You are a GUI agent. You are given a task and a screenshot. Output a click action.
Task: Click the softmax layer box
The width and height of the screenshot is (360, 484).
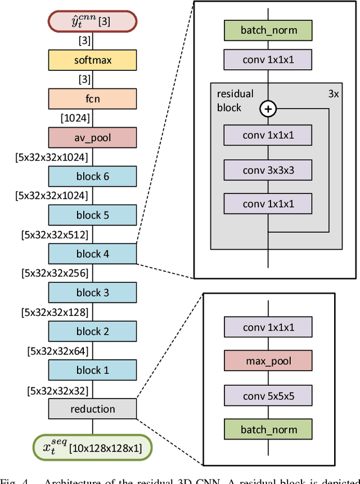point(92,60)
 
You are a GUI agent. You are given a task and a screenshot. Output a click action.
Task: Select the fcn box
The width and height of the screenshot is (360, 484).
point(92,98)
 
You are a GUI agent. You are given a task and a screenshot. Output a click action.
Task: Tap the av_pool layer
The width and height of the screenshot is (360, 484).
point(92,137)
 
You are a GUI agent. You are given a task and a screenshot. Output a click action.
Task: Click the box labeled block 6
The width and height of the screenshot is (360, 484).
point(92,176)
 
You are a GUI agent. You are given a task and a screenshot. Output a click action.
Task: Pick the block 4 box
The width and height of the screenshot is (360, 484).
point(92,254)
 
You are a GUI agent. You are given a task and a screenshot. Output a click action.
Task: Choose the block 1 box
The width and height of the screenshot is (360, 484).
point(92,370)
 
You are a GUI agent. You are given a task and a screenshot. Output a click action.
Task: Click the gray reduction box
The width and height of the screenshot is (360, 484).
point(92,409)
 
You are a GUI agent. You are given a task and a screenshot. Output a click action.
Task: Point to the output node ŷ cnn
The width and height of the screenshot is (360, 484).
point(92,22)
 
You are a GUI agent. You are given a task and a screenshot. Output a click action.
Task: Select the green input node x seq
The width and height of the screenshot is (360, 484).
point(92,447)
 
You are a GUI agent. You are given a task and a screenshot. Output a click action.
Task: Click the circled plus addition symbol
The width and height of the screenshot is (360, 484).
point(268,108)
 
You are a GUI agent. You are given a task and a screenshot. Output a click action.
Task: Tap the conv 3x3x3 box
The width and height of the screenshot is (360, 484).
point(268,170)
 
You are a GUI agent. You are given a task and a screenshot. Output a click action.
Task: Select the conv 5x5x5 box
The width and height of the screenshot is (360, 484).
point(268,395)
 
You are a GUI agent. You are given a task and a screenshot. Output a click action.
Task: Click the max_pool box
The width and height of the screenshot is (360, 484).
point(268,361)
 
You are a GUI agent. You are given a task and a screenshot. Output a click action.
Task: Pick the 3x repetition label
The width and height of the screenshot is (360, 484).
point(333,94)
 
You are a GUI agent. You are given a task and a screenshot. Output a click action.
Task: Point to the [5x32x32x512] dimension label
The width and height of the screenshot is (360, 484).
point(55,234)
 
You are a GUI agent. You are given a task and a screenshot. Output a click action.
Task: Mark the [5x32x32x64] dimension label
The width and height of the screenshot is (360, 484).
point(57,351)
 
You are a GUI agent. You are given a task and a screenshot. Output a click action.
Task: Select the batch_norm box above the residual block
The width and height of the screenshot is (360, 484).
point(268,30)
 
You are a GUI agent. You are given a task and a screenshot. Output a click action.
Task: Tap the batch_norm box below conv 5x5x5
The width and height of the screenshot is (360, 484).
point(268,429)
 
